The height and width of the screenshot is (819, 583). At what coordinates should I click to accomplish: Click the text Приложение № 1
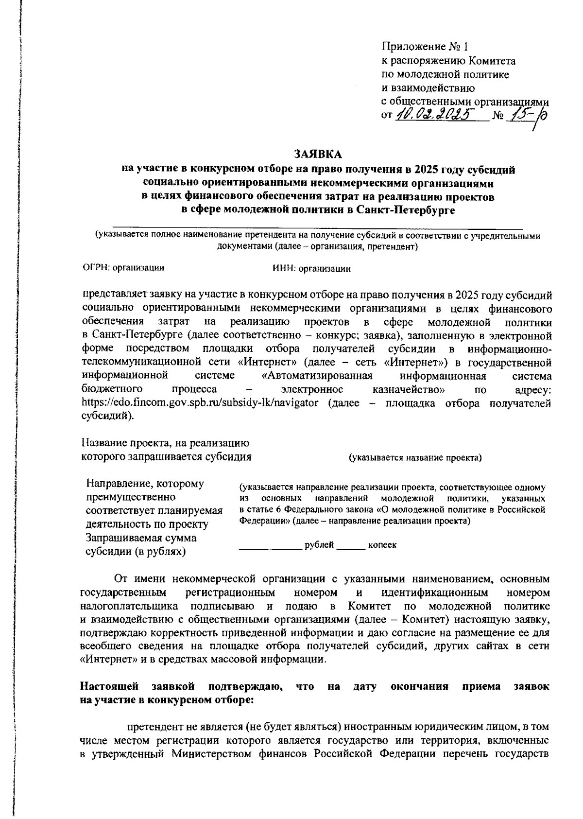click(426, 47)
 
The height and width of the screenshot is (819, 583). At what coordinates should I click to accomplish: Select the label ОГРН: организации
click(123, 268)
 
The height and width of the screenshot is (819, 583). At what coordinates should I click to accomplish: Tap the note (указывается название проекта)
click(414, 458)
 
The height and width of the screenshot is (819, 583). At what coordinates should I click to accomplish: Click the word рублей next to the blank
click(319, 545)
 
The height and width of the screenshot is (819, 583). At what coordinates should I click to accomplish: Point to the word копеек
click(382, 545)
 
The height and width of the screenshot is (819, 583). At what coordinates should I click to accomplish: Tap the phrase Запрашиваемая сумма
click(141, 539)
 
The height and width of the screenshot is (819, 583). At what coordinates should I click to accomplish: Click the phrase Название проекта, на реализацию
click(165, 443)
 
